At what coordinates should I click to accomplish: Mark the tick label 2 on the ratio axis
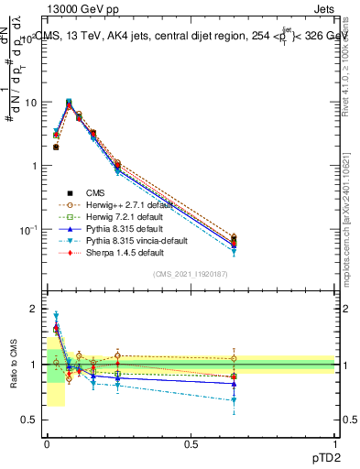coord(34,309)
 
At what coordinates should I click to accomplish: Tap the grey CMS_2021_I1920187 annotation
coord(190,274)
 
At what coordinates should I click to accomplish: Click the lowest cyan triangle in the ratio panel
coord(234,400)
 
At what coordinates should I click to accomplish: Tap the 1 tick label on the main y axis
coord(34,166)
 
